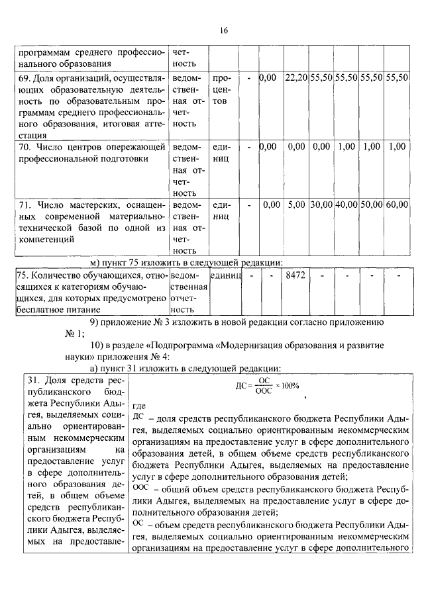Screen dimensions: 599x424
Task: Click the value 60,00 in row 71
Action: tap(396, 205)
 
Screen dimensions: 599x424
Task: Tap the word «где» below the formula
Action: tap(139, 405)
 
